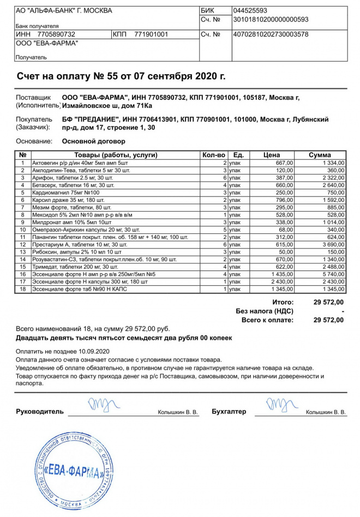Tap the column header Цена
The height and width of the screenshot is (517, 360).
271,155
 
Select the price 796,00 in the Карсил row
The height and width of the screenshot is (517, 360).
285,200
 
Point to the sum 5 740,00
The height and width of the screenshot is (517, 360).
332,274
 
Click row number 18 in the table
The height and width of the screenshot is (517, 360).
23,288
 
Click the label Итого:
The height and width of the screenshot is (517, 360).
283,302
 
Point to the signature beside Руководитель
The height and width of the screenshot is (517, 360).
100,406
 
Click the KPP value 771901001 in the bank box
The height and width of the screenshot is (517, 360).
151,34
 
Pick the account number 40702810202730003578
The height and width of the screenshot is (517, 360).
271,34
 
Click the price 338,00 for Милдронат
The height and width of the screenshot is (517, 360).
285,223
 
